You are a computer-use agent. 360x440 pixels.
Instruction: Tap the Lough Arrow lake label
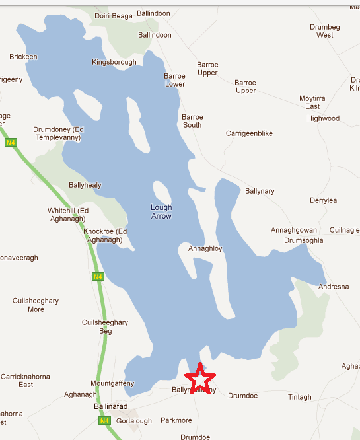tap(161, 211)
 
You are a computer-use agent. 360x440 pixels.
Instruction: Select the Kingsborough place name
tap(114, 63)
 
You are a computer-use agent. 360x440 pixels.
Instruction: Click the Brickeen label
tap(23, 57)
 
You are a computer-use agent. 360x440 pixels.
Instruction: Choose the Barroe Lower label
tap(175, 80)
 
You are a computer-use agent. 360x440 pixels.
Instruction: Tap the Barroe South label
tap(192, 120)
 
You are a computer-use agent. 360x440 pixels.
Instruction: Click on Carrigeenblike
tap(249, 133)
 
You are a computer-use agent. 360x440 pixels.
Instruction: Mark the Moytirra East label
tap(312, 102)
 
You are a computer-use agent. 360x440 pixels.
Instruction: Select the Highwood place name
tap(323, 118)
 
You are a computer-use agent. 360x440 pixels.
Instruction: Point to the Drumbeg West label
tap(325, 31)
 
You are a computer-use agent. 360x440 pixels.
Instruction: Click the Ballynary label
tap(260, 191)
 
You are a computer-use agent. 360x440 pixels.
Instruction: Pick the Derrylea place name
tap(324, 200)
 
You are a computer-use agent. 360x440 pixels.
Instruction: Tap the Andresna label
tap(331, 287)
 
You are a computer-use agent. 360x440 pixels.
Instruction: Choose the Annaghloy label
tap(205, 249)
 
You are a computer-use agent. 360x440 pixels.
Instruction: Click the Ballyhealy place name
tap(85, 185)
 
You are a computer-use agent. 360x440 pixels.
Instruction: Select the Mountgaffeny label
tap(112, 383)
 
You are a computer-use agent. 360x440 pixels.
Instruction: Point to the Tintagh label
tap(299, 396)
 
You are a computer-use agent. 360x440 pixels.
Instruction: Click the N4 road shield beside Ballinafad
tap(103, 421)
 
